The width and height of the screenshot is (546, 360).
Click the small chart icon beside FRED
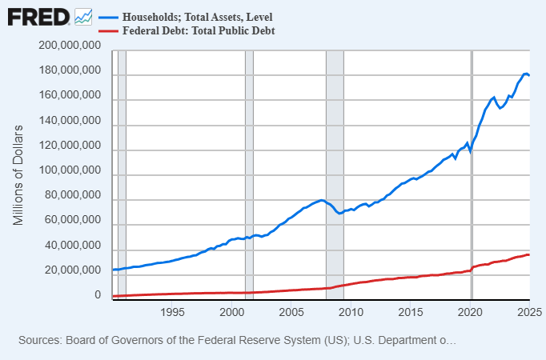tap(83, 15)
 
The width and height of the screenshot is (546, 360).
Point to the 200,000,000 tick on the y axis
tap(69, 46)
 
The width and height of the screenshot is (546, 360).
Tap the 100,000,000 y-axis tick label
tap(69, 171)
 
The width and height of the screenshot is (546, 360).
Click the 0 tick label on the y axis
tap(97, 295)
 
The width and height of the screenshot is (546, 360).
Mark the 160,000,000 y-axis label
tap(69, 96)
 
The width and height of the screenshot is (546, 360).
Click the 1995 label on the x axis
tap(173, 311)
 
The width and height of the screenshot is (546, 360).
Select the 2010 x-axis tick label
tap(351, 311)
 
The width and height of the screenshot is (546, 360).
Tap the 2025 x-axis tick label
tap(529, 311)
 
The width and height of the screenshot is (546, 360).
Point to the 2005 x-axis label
tap(291, 311)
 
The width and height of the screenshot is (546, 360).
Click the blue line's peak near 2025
tap(526, 74)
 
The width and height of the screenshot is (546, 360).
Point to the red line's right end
tap(529, 254)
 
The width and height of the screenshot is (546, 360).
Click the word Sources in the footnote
tap(42, 340)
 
